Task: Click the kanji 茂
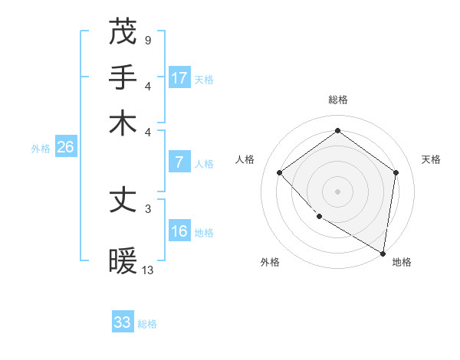(123, 32)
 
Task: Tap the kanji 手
(123, 78)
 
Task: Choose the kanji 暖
(123, 262)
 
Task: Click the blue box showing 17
(179, 77)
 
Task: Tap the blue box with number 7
(179, 162)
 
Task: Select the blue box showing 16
(179, 231)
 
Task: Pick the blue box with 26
(65, 147)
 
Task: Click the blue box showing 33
(123, 322)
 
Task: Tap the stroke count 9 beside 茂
(147, 38)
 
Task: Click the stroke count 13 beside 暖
(148, 270)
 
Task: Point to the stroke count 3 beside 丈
(147, 207)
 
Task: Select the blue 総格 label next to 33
(147, 324)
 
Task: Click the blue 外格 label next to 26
(41, 149)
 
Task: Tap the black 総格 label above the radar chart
(337, 100)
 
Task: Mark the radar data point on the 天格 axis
(396, 172)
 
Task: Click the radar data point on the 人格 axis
(280, 172)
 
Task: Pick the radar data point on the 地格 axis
(383, 253)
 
